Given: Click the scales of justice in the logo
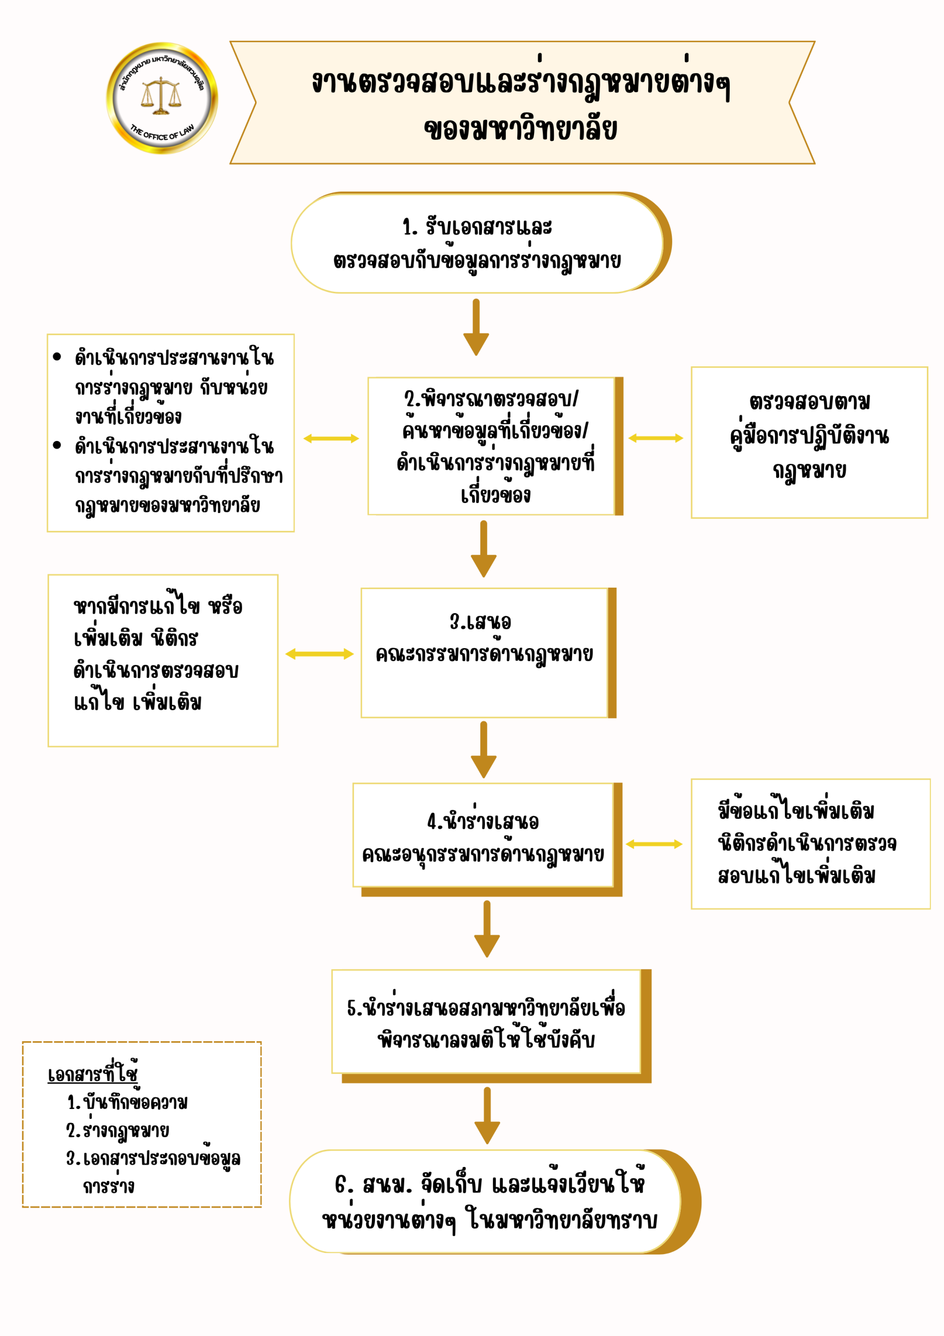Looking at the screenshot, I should click(x=161, y=96).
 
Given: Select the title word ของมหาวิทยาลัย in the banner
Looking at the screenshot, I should click(x=520, y=129).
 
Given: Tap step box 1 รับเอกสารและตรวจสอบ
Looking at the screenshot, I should click(x=477, y=243).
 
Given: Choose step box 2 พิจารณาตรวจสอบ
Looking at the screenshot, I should click(x=494, y=446).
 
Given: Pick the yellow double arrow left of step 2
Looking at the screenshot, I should click(x=331, y=438).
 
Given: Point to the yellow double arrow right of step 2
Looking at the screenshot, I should click(x=656, y=438).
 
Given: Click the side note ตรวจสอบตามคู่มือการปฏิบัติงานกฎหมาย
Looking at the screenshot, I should click(x=809, y=442).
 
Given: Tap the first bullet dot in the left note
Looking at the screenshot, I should click(x=56, y=356).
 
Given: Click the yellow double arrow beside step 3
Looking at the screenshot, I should click(x=319, y=654).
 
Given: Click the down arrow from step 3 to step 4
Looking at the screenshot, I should click(x=483, y=749).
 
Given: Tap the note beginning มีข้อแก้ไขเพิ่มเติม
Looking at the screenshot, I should click(x=809, y=844).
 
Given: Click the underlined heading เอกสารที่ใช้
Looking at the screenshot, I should click(x=93, y=1074).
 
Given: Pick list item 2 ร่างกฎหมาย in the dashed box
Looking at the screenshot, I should click(x=118, y=1130).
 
